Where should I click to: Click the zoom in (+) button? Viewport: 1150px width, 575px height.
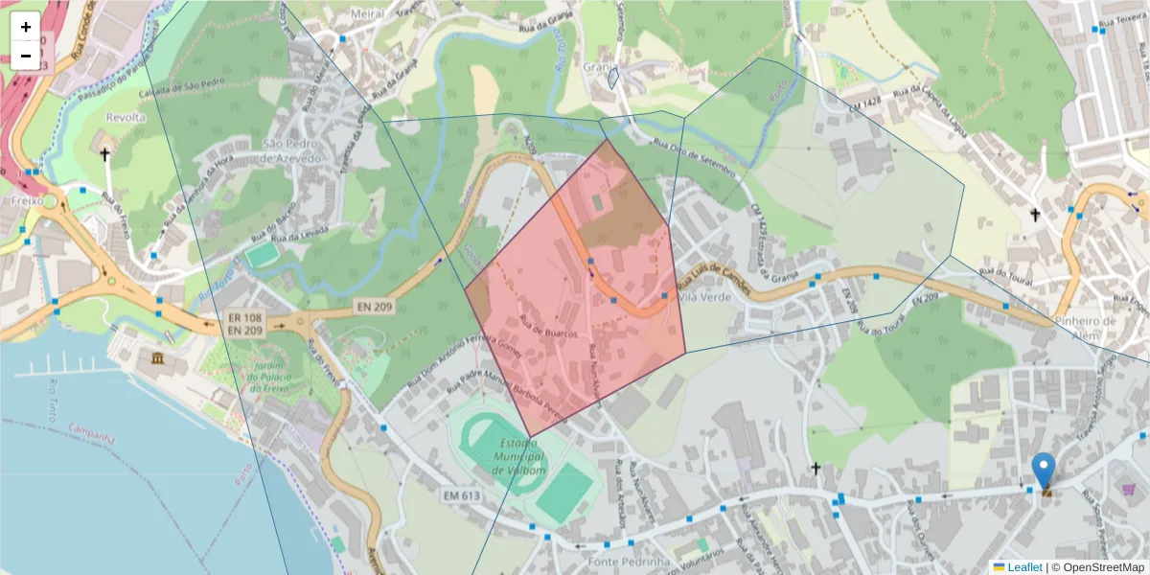tap(26, 27)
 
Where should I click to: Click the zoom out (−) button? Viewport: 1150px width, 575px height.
tap(26, 56)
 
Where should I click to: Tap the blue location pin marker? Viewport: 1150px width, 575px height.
tap(1044, 471)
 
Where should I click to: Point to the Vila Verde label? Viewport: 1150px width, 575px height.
tap(704, 297)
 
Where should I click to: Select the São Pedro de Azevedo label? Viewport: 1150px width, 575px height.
tap(296, 150)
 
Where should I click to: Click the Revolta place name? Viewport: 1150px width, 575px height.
tap(126, 117)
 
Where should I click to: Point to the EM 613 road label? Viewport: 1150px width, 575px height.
tap(462, 494)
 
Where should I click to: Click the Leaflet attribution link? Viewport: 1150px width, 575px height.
tap(1023, 567)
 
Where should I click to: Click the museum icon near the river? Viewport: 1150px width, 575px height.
tap(157, 358)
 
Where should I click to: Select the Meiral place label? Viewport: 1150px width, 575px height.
tap(368, 13)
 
